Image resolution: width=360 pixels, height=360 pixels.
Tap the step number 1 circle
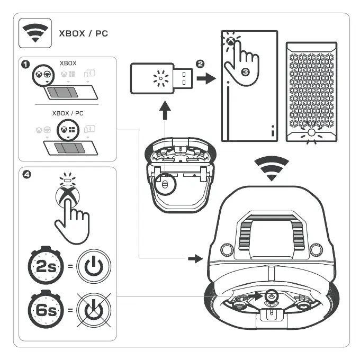click(x=24, y=64)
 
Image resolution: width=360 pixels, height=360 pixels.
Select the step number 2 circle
click(x=200, y=64)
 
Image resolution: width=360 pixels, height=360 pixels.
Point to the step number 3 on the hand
click(x=245, y=71)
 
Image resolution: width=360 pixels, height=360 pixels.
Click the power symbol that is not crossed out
click(x=94, y=267)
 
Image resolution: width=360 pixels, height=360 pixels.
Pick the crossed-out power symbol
click(x=94, y=308)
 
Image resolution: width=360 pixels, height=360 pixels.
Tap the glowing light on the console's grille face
click(x=311, y=132)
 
